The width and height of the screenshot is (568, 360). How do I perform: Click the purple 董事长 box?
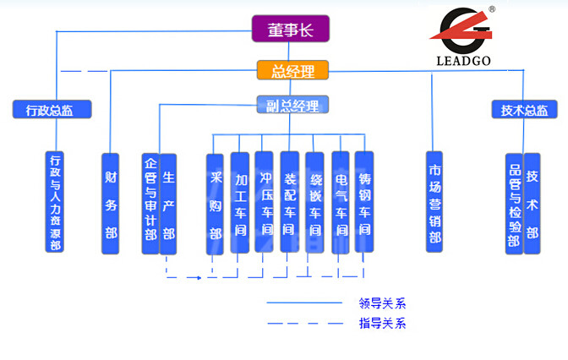pos(290,30)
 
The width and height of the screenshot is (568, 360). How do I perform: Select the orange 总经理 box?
pos(291,70)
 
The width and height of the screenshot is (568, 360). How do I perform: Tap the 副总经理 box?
pos(291,106)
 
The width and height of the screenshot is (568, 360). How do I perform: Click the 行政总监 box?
pos(52,109)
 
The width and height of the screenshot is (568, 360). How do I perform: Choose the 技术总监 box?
pos(524,109)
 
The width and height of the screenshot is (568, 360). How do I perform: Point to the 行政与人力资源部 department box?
pos(57,202)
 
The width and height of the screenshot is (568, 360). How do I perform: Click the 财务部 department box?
pos(111,203)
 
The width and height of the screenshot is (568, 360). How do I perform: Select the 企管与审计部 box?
pos(150,203)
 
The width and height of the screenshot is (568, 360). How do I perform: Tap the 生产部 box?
pos(168,203)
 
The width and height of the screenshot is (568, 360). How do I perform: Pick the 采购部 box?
pos(216,203)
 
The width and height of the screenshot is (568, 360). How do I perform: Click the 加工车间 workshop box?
pos(240,203)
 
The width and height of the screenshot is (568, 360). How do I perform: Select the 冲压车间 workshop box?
pos(265,203)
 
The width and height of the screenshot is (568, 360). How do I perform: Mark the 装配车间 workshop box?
pos(289,203)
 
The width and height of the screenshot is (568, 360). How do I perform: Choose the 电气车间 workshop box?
pos(341,203)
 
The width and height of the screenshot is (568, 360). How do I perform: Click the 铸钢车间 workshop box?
pos(364,203)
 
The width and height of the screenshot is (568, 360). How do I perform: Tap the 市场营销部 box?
pos(435,203)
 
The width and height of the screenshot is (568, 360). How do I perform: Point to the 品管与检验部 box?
pos(514,203)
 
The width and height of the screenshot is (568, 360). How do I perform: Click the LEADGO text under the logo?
pos(463,61)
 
